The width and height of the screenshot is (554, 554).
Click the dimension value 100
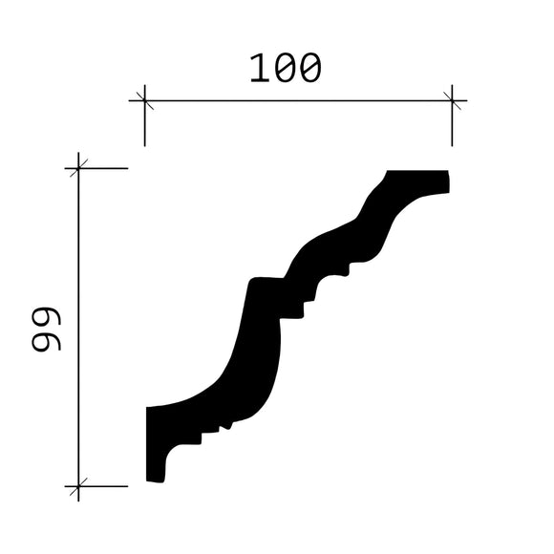click(286, 69)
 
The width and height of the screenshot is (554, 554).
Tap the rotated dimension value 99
click(46, 330)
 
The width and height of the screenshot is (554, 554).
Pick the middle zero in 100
click(286, 69)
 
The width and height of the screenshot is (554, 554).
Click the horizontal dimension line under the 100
click(296, 98)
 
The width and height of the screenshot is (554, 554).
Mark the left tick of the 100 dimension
click(144, 98)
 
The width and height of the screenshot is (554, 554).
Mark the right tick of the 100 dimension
click(452, 98)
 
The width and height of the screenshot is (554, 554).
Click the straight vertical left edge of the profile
click(146, 444)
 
